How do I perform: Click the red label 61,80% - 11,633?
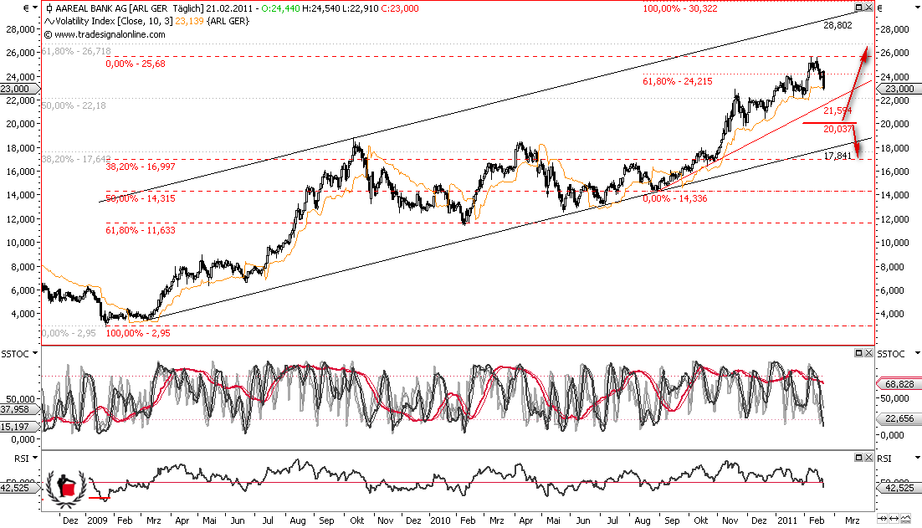click(x=141, y=230)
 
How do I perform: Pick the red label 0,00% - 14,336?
click(x=679, y=198)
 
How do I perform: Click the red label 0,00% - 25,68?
click(x=139, y=64)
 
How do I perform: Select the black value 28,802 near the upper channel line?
click(x=837, y=26)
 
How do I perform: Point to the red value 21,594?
click(x=837, y=110)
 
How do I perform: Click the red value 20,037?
click(x=837, y=129)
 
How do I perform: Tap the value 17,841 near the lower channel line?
click(x=837, y=156)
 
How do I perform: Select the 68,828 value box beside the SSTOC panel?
click(x=899, y=382)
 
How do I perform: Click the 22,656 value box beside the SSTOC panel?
click(x=899, y=418)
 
